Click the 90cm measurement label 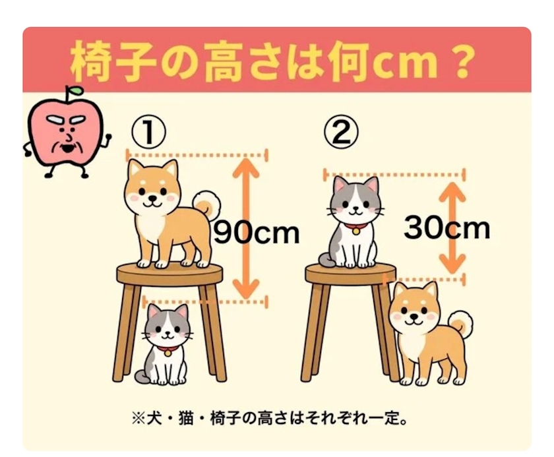(257, 232)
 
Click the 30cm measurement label (447, 228)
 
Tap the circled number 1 (148, 133)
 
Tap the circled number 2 (341, 132)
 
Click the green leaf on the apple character (77, 90)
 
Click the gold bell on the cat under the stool (168, 353)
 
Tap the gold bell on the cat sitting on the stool (355, 231)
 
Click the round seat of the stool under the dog (169, 274)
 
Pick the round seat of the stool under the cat (350, 274)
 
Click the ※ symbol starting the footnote (137, 419)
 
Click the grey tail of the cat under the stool (142, 377)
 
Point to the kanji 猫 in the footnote (185, 419)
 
